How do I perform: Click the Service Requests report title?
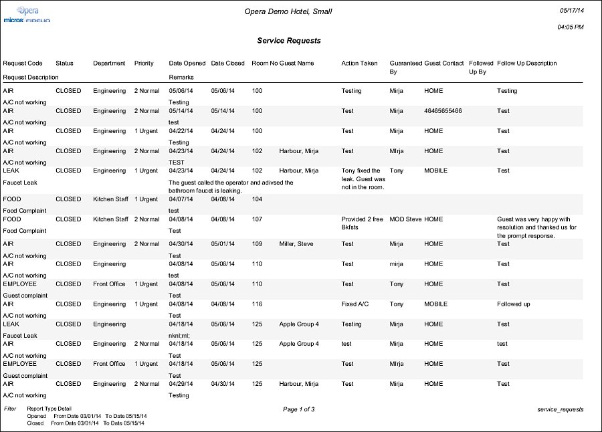289,41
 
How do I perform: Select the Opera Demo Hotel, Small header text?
289,11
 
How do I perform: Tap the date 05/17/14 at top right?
571,11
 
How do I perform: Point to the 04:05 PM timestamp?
570,27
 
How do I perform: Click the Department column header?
109,64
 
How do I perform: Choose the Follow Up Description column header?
527,64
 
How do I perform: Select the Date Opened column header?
187,64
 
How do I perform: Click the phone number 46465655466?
443,111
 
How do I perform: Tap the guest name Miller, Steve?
296,244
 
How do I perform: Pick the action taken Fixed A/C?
355,304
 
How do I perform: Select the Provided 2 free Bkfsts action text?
362,223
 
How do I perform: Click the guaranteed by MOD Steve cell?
405,219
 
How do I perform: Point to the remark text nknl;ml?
180,336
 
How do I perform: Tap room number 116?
258,304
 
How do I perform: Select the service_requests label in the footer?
561,409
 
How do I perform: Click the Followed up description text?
514,304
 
